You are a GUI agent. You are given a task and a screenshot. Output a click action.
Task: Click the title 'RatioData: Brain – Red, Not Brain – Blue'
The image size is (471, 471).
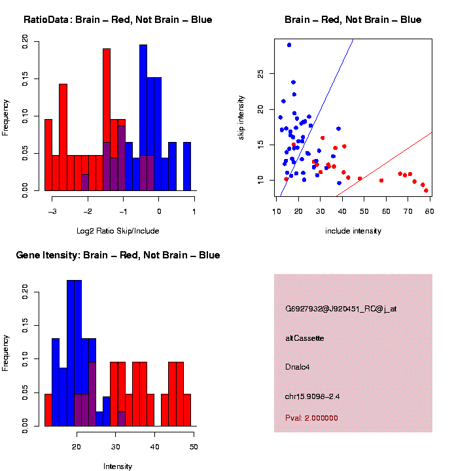pos(118,20)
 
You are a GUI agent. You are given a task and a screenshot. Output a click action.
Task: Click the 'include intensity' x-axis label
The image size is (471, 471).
pos(353,231)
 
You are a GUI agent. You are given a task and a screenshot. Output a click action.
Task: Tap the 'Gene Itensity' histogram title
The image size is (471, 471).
pos(118,255)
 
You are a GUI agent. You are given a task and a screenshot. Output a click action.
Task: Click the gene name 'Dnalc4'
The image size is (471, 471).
pos(298,367)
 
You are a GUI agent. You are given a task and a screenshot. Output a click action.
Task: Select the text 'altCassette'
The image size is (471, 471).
pos(305,338)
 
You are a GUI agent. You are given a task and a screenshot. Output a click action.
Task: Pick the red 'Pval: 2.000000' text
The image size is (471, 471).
pos(311,418)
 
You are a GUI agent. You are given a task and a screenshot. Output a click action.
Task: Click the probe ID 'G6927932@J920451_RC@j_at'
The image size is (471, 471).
pos(341,309)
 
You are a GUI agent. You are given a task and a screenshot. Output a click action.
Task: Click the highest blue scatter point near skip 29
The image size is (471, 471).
pos(289,45)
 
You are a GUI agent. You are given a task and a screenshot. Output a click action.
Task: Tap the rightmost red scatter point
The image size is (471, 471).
pos(426,190)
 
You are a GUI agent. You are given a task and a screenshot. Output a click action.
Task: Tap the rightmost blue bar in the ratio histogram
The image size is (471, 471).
pos(187,166)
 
